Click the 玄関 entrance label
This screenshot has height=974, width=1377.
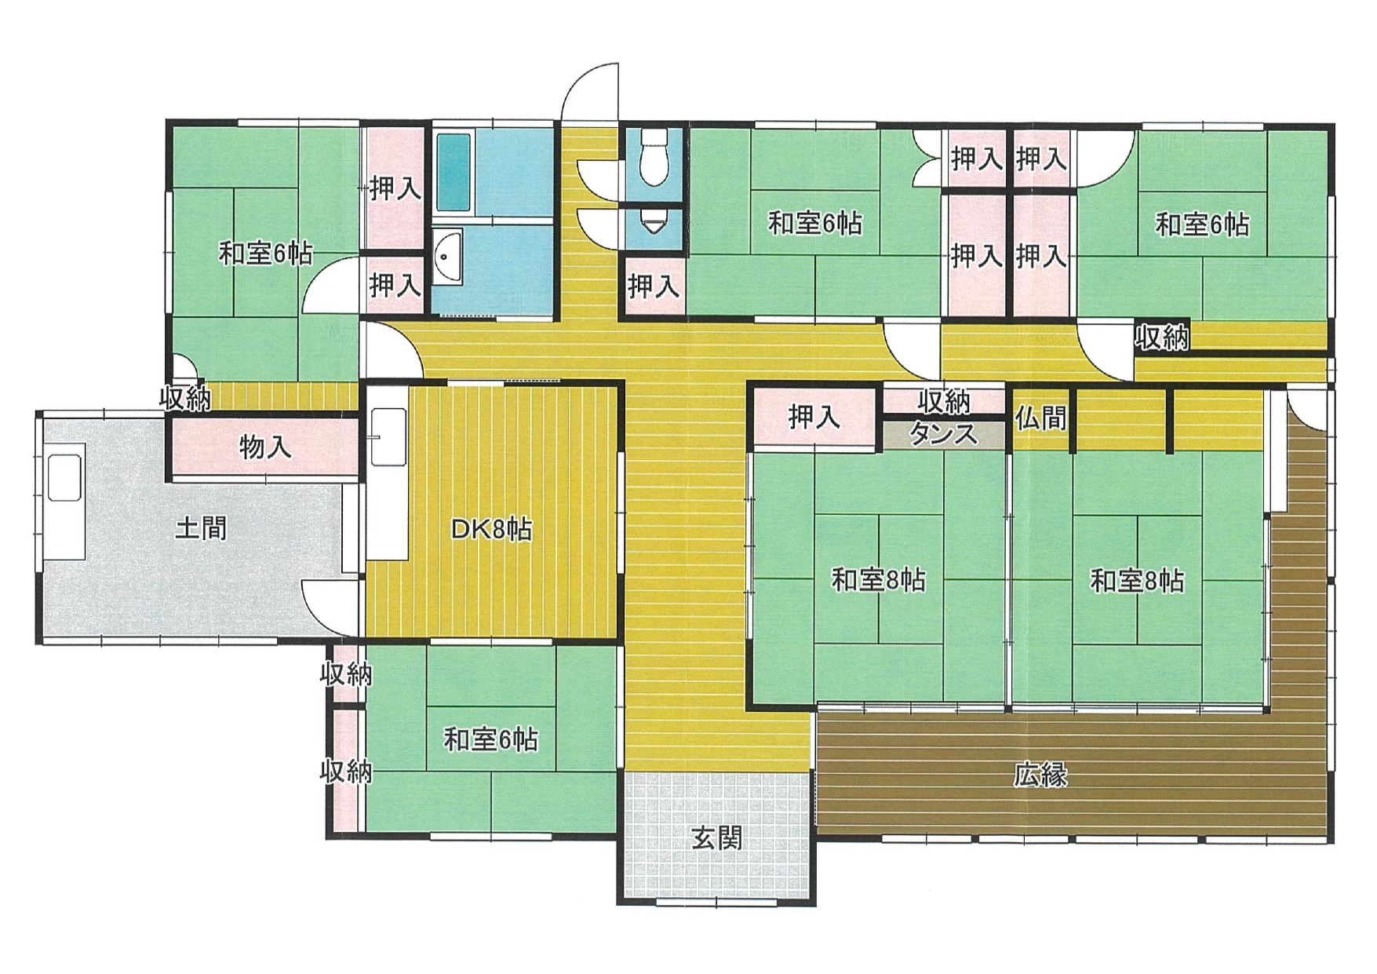click(x=716, y=839)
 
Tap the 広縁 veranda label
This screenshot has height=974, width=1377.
click(x=1040, y=775)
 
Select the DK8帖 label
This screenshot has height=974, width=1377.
click(x=491, y=529)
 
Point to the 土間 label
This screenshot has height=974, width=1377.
click(x=201, y=527)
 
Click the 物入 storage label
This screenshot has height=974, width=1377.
click(x=265, y=447)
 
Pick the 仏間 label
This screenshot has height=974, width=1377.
click(x=1040, y=418)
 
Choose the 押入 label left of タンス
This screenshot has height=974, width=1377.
click(x=814, y=417)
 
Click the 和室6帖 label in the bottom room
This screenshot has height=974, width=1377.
click(x=491, y=739)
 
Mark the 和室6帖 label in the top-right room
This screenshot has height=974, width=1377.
click(x=1202, y=224)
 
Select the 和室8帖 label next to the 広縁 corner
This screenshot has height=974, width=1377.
click(x=1137, y=581)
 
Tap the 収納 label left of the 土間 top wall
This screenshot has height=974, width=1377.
click(x=185, y=399)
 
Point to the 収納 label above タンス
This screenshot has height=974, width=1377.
click(x=945, y=401)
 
